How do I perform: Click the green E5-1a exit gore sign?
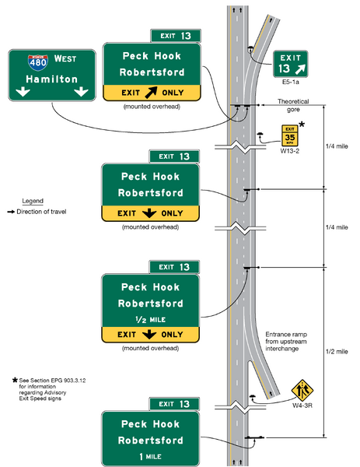click(290, 65)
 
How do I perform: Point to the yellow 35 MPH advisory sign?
click(288, 137)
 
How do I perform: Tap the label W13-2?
click(289, 153)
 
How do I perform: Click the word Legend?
click(33, 201)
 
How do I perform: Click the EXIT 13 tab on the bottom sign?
click(174, 404)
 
